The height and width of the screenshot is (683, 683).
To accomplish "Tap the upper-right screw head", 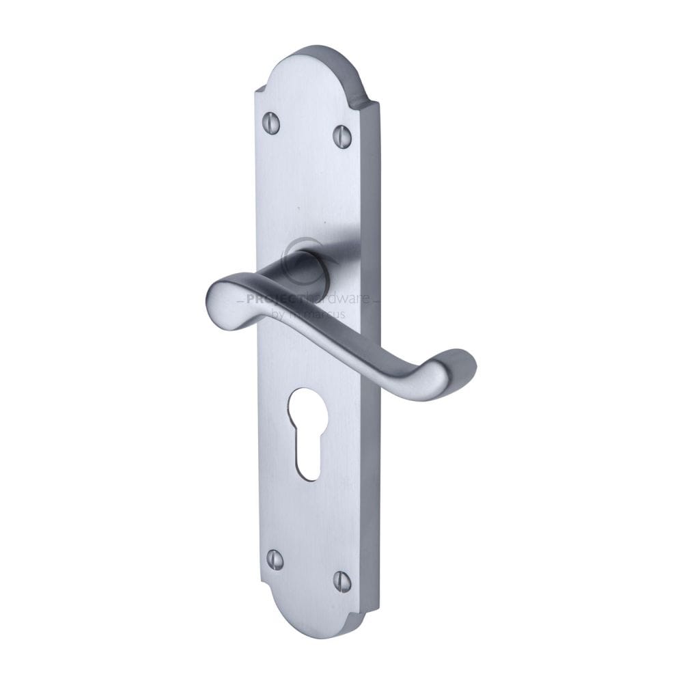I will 343,135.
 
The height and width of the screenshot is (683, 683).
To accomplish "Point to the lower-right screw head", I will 342,581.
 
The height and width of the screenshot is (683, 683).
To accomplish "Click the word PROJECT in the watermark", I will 265,300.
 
